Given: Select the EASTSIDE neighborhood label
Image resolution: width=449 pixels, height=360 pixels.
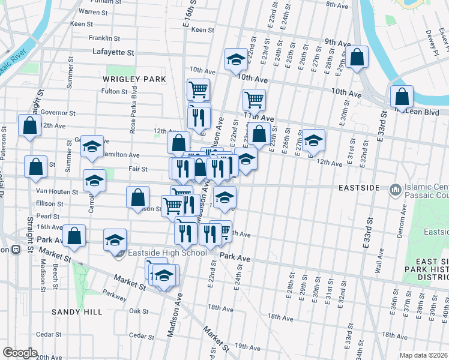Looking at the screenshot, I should coord(358,188).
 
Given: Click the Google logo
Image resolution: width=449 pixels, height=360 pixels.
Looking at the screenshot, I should coord(20,353).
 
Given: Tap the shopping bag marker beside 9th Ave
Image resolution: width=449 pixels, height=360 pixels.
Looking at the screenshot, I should coord(357,58).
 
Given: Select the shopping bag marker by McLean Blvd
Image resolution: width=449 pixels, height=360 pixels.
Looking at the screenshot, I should coord(401,96).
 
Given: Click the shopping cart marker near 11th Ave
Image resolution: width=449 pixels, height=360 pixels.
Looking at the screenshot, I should coord(254,99).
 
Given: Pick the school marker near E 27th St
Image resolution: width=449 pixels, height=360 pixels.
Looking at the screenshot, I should coord(313,140).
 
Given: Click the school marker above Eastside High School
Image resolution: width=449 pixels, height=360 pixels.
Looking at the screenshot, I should coord(115,240).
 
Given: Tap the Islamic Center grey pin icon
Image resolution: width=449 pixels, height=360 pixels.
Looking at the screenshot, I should coord(395,190).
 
